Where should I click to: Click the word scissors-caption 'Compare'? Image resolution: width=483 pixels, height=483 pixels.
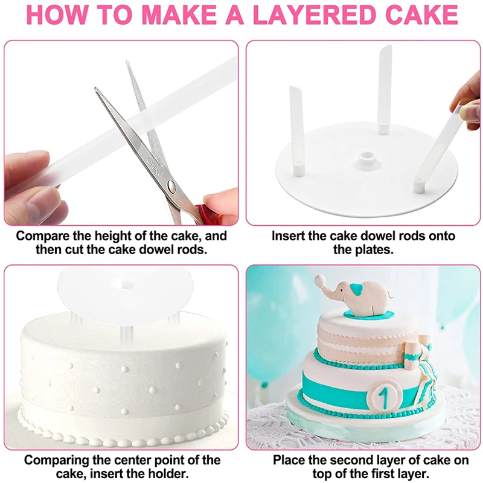42,236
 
